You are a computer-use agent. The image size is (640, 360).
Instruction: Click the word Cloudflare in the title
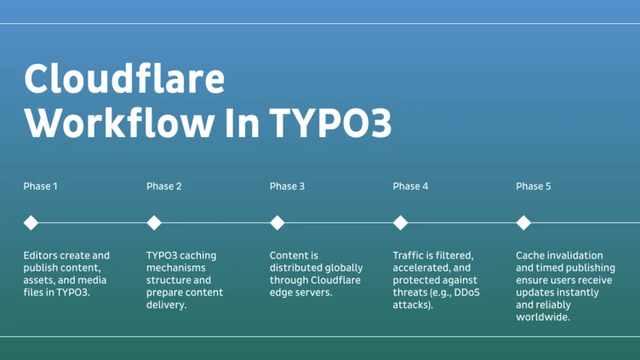pos(124,79)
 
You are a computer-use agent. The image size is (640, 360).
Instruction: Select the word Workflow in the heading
pos(118,124)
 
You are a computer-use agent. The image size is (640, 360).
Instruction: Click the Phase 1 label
pos(41,186)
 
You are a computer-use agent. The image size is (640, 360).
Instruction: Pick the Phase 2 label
pos(164,186)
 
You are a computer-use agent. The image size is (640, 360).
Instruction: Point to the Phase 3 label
pos(287,186)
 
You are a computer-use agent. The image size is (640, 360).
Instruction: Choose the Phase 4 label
pos(410,186)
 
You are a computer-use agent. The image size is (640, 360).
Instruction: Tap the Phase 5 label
pos(534,186)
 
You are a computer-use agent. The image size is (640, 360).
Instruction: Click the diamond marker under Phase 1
pos(31,223)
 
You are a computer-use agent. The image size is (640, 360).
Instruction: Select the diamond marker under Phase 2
pos(154,223)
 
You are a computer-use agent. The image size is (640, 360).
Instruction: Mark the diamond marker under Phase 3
pos(277,223)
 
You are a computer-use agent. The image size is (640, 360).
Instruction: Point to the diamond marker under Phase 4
pos(400,223)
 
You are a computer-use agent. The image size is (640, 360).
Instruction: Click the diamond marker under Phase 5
pos(523,223)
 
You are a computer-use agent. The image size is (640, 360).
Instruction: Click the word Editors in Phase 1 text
pos(41,255)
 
